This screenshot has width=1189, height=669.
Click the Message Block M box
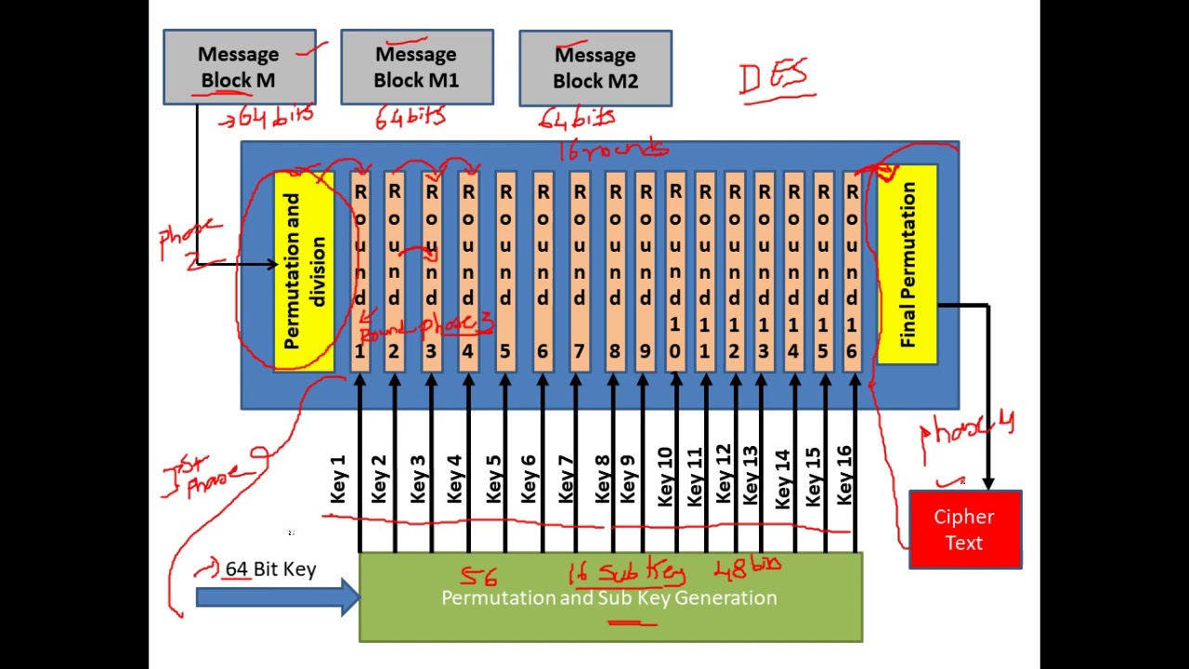pyautogui.click(x=239, y=67)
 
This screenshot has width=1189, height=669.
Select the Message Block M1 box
pyautogui.click(x=416, y=67)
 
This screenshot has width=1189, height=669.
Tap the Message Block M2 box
pyautogui.click(x=594, y=68)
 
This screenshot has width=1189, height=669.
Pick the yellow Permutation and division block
pyautogui.click(x=305, y=270)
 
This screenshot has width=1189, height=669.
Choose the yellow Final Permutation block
pyautogui.click(x=908, y=265)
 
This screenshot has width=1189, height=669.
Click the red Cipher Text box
pyautogui.click(x=964, y=530)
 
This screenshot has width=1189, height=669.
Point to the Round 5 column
pyautogui.click(x=505, y=270)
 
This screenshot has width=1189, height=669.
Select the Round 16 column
pyautogui.click(x=852, y=270)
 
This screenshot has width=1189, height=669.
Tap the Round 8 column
pyautogui.click(x=615, y=270)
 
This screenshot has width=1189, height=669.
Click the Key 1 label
pyautogui.click(x=337, y=479)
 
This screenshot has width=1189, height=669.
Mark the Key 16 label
pyautogui.click(x=843, y=476)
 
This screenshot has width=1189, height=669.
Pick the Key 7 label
pyautogui.click(x=565, y=479)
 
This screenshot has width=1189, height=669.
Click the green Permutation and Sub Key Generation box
pyautogui.click(x=610, y=597)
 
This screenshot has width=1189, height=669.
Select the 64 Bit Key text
pyautogui.click(x=270, y=569)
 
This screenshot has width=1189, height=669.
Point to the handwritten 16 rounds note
pyautogui.click(x=614, y=150)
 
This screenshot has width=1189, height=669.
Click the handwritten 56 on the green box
pyautogui.click(x=478, y=576)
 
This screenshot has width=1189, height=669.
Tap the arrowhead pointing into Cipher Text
pyautogui.click(x=987, y=482)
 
